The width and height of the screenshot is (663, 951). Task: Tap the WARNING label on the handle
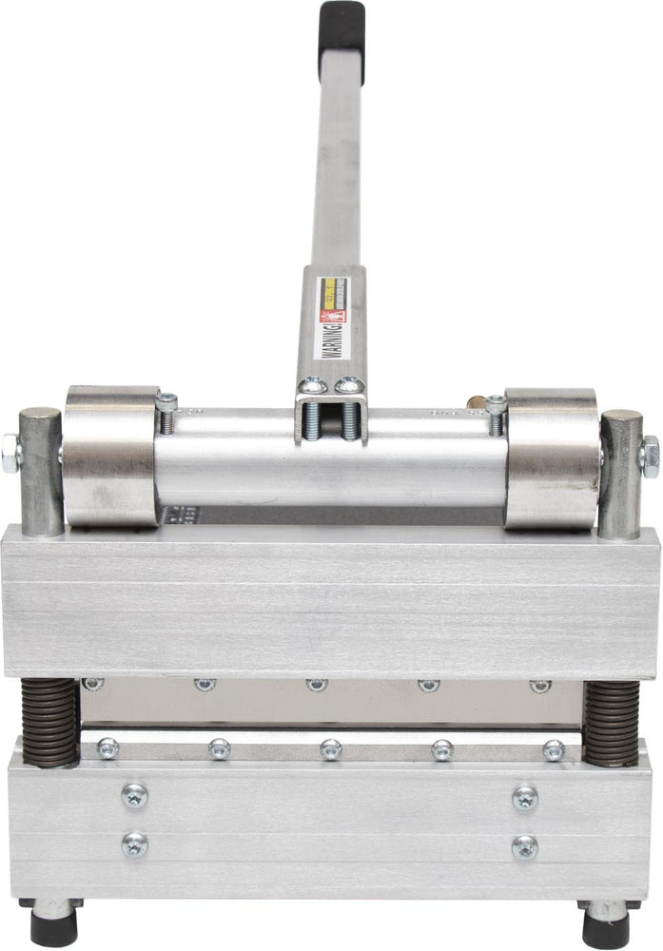click(331, 318)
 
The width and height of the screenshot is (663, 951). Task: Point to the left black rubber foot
click(53, 923)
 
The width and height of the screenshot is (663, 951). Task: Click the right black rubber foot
click(606, 923)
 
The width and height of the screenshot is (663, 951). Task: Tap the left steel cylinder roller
click(110, 456)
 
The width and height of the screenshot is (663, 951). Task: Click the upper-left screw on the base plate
click(134, 795)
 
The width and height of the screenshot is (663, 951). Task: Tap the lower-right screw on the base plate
click(525, 845)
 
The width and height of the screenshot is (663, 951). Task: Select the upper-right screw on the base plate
click(525, 797)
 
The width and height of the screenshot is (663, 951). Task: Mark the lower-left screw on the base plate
click(134, 844)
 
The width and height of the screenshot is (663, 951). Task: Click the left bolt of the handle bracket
click(310, 385)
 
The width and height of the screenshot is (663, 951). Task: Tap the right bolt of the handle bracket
click(348, 385)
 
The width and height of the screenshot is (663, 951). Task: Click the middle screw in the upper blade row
click(317, 684)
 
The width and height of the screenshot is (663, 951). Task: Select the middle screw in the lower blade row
click(330, 749)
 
